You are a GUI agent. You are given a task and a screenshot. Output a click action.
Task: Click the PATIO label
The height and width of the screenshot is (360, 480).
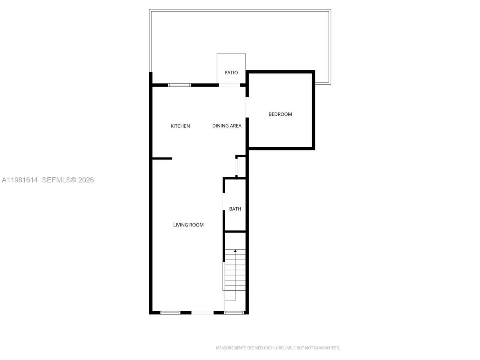[x=231, y=73]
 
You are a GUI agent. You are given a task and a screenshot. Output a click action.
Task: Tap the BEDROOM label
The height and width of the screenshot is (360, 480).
[x=280, y=114]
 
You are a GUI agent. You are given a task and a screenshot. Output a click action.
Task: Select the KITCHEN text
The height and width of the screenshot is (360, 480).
[x=180, y=126]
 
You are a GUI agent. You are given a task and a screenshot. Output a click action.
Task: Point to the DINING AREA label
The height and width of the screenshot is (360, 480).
[x=227, y=126]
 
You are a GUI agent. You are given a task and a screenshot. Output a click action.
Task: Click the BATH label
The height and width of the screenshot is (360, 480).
[x=235, y=209]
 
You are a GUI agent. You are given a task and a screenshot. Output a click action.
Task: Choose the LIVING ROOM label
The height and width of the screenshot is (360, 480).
[x=188, y=225]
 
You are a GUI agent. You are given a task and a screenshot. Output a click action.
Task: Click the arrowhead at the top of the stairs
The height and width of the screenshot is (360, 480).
[x=235, y=250]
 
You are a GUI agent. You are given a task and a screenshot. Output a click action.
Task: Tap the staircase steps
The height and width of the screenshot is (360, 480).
[x=235, y=270]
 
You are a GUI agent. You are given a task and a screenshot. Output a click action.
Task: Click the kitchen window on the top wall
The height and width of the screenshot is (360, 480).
[x=179, y=85]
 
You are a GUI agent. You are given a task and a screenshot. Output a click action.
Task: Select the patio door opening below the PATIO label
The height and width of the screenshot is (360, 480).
[x=229, y=85]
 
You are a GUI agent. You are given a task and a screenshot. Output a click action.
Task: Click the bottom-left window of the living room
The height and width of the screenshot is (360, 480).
[x=171, y=312]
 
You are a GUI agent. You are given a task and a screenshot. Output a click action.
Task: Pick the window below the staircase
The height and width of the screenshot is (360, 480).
[x=234, y=312]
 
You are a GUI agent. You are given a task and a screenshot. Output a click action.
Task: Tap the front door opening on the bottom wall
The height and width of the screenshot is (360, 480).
[x=202, y=312]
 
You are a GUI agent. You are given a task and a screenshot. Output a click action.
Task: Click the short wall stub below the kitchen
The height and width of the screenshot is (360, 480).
[x=162, y=159]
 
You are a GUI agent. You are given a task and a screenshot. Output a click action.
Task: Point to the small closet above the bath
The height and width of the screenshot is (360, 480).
[x=241, y=167]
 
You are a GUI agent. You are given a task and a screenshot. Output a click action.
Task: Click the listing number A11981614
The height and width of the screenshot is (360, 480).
[x=20, y=180]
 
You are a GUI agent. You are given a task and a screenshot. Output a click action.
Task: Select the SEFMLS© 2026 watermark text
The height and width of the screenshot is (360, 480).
[x=68, y=180]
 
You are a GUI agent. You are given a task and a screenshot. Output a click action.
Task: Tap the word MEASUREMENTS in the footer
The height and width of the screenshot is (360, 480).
[x=231, y=348]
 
